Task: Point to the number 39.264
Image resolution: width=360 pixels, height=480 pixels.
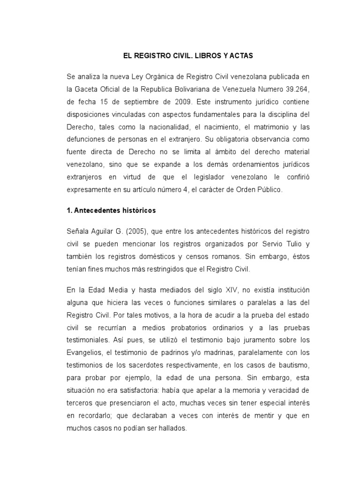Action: (280, 89)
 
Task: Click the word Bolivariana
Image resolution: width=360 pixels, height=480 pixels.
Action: (194, 89)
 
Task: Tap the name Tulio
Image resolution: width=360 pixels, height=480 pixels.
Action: (280, 244)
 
